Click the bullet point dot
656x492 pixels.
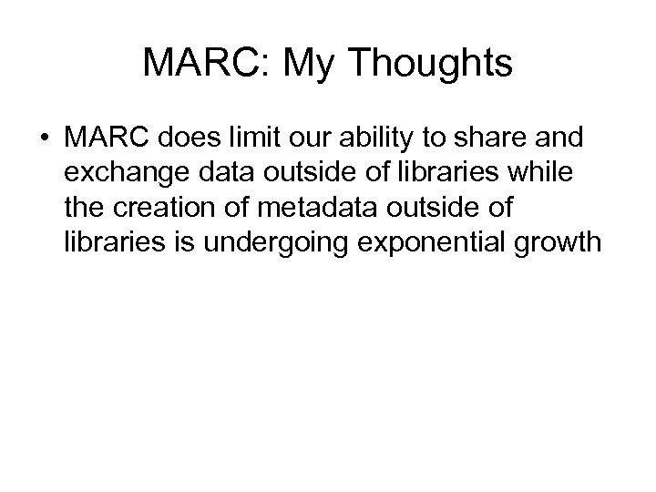[44, 140]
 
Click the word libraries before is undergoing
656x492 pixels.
[111, 243]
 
